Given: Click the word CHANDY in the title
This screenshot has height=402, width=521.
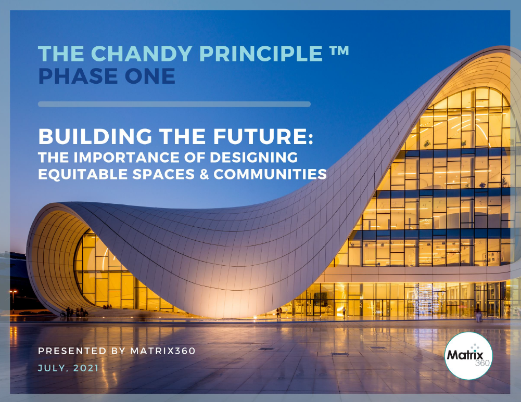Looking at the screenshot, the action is click(x=142, y=53).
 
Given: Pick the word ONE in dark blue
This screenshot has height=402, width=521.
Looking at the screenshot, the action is click(x=145, y=76).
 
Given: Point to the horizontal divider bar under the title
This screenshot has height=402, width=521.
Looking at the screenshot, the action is click(x=174, y=104).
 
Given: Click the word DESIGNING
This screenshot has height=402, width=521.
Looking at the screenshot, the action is click(x=254, y=158).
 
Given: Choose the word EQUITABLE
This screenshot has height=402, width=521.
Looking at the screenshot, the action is click(x=83, y=174).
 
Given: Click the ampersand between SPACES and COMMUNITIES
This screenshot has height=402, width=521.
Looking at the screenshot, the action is click(x=204, y=174).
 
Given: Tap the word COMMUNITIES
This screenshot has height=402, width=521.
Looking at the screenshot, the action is click(x=270, y=174).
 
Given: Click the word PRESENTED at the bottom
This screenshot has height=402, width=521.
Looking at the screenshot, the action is click(x=72, y=351).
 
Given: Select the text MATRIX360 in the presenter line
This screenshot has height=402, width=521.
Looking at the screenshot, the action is click(x=163, y=351).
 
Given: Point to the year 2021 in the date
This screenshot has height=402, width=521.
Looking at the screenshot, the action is click(x=86, y=368).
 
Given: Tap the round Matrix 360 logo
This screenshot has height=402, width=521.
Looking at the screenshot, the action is click(x=468, y=356).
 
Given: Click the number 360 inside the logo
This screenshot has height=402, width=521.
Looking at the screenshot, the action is click(x=482, y=363).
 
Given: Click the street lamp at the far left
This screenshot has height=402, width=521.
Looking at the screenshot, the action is click(x=14, y=301).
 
